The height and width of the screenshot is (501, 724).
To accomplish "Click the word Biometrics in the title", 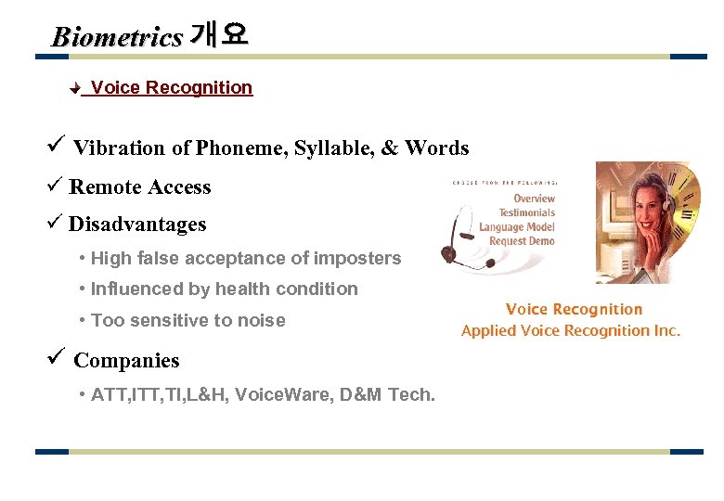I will pos(117,37).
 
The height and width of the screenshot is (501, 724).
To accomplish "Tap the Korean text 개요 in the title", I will pos(219,35).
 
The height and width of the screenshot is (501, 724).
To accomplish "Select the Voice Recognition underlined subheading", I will pos(172,88).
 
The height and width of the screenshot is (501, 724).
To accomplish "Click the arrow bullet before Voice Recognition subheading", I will pos(77,89).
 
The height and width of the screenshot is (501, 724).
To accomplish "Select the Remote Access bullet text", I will pos(140,187).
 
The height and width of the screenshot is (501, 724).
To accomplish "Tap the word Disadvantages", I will pos(137,225).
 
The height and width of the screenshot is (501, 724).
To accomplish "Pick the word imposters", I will pos(358,259).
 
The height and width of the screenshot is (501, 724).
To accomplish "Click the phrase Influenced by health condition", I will pos(224,289).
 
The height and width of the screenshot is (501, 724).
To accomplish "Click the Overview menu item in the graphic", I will pos(534,199).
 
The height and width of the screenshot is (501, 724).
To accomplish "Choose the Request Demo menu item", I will pos(522,241).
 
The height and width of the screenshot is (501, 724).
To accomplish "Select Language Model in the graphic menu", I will pos(516,227).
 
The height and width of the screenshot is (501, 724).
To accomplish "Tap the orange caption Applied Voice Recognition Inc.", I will pos(571,330).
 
